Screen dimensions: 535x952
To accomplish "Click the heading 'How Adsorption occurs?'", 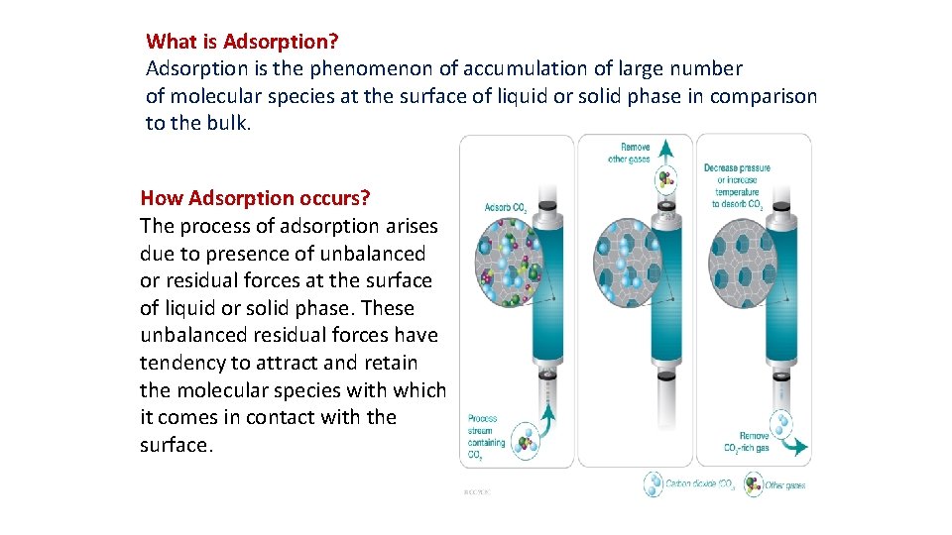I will [x=255, y=197].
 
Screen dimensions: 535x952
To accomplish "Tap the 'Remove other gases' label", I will [x=630, y=153].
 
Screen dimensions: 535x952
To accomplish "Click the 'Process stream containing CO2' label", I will [x=486, y=437].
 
